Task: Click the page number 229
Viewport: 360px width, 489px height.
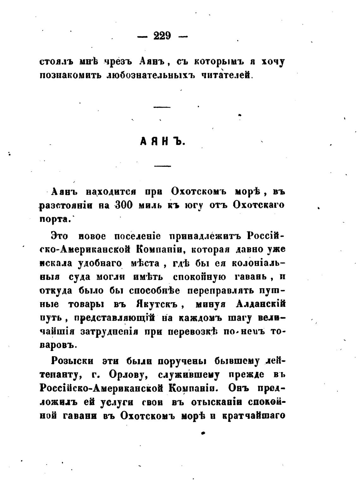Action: tap(162, 36)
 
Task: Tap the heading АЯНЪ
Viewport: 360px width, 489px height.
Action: tap(162, 141)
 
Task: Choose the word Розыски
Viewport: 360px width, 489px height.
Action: tap(71, 361)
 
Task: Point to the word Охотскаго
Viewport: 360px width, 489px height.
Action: tap(258, 205)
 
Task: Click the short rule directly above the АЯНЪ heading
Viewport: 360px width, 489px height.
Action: tap(162, 107)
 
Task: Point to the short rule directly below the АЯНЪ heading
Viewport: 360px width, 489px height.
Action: tap(162, 166)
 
